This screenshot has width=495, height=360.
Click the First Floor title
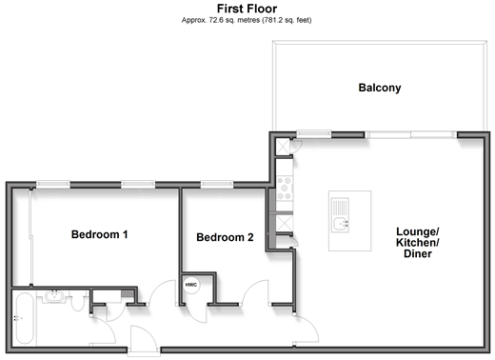coord(247,9)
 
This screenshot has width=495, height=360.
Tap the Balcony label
coord(380,88)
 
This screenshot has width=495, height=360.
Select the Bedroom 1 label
coord(99,234)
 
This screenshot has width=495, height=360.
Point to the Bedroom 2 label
coord(225,237)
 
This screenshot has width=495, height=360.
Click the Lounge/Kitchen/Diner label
coord(417,242)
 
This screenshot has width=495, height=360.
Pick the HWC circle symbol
coord(191,285)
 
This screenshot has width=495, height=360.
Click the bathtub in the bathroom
coord(25,318)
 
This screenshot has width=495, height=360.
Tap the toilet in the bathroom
coord(77,301)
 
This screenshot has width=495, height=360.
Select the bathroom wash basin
coord(54,296)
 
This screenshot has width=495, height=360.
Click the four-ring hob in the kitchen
coord(285,189)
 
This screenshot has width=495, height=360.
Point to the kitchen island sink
coord(340,215)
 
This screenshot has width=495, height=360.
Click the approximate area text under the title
coord(247,20)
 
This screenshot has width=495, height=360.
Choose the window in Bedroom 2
coord(217,184)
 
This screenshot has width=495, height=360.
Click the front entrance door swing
coord(144,338)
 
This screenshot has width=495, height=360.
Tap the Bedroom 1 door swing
coord(163,292)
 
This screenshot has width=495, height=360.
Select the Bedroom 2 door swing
coord(255,291)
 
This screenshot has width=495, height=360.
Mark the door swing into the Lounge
coord(306,329)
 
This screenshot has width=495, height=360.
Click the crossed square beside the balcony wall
coord(283,147)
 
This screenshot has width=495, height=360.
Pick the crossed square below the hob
coord(285,223)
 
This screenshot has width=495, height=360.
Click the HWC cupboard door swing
coord(196,314)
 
